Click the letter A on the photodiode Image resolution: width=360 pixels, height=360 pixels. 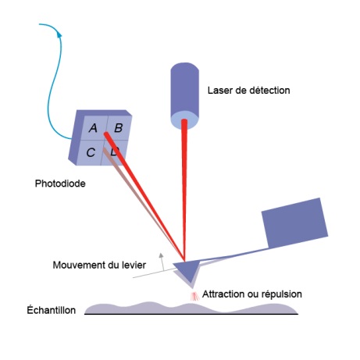click(93, 128)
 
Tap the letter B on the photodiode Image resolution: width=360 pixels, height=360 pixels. click(119, 128)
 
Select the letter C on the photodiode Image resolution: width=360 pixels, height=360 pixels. click(91, 152)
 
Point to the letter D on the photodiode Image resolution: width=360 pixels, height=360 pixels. click(115, 151)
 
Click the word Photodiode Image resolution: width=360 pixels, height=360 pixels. click(60, 184)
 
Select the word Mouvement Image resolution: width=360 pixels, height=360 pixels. click(77, 265)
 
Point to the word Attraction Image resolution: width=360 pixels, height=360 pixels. click(223, 294)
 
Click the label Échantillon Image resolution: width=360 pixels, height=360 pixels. click(52, 310)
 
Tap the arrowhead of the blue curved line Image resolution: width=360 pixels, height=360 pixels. click(59, 34)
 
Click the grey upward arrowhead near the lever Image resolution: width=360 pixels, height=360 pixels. click(162, 255)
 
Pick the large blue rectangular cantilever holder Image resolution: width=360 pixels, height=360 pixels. click(294, 223)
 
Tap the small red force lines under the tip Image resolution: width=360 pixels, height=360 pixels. click(194, 296)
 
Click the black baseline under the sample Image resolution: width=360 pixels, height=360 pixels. click(191, 314)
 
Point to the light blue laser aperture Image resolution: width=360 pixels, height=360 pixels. click(184, 120)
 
